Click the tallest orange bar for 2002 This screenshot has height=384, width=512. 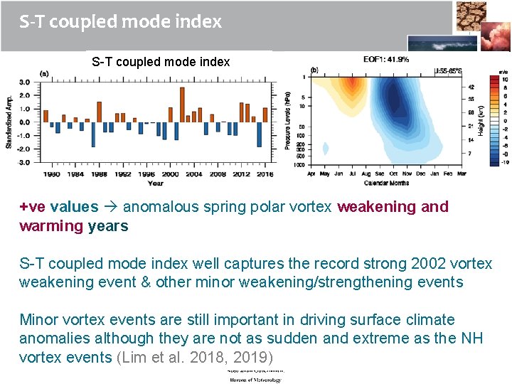(x=183, y=105)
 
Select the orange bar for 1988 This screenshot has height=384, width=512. (x=99, y=112)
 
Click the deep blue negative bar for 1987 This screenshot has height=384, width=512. (x=93, y=134)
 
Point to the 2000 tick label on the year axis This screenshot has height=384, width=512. (x=171, y=174)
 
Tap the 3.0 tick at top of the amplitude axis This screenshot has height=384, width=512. (x=24, y=82)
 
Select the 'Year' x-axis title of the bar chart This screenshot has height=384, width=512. (x=155, y=183)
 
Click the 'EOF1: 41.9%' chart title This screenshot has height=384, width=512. (x=386, y=60)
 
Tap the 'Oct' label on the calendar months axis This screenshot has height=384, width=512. (x=393, y=174)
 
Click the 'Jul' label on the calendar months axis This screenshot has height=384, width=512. (x=352, y=174)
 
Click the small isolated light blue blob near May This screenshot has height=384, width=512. (x=326, y=149)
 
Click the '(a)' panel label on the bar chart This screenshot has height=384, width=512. (x=44, y=73)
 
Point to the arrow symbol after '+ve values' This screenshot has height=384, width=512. (x=111, y=207)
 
